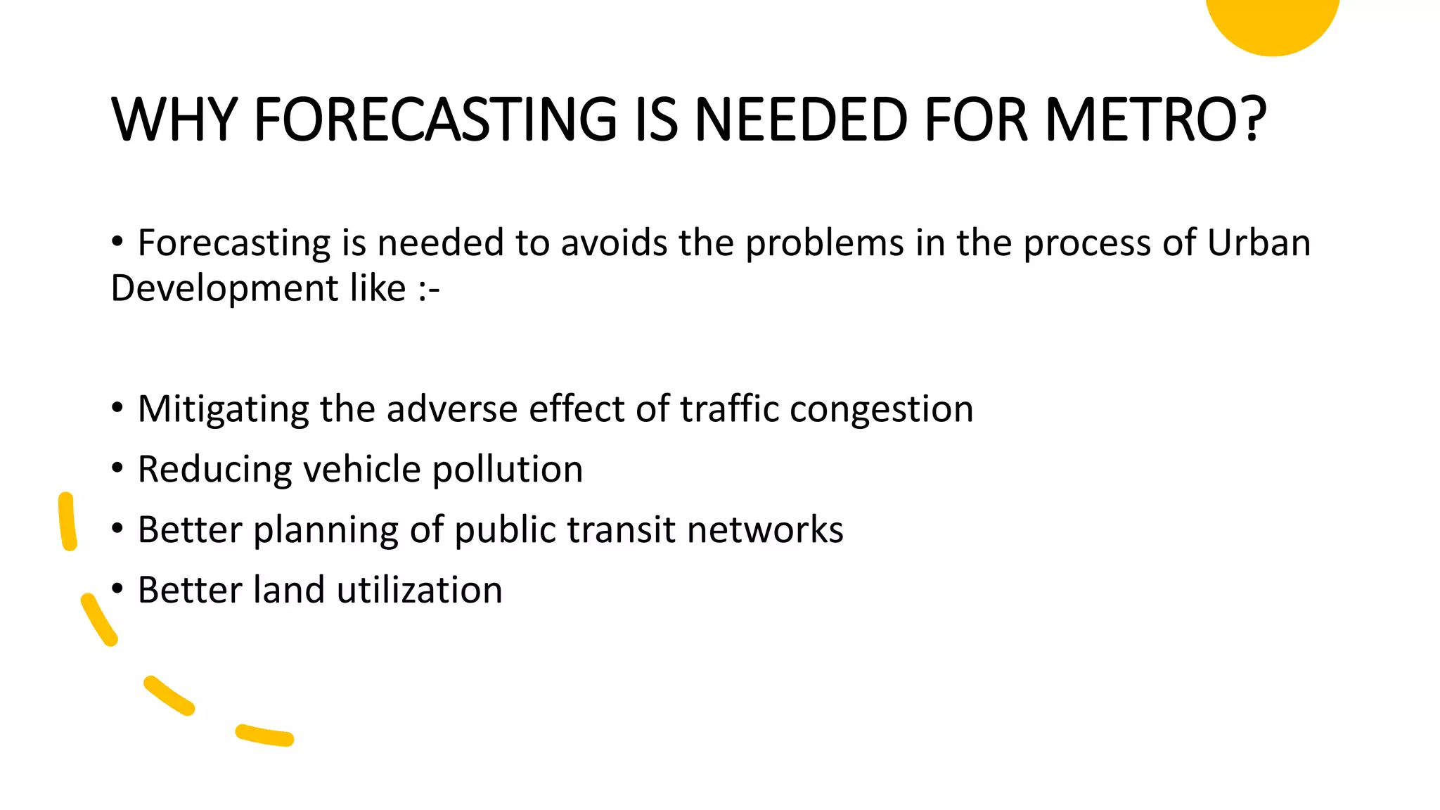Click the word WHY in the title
pos(174,120)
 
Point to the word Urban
pos(1259,243)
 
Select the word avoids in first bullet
pos(613,243)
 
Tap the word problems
pos(824,244)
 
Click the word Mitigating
pos(223,409)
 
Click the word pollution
pos(507,470)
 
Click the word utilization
pos(419,590)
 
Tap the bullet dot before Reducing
pos(117,468)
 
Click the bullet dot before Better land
pos(117,588)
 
